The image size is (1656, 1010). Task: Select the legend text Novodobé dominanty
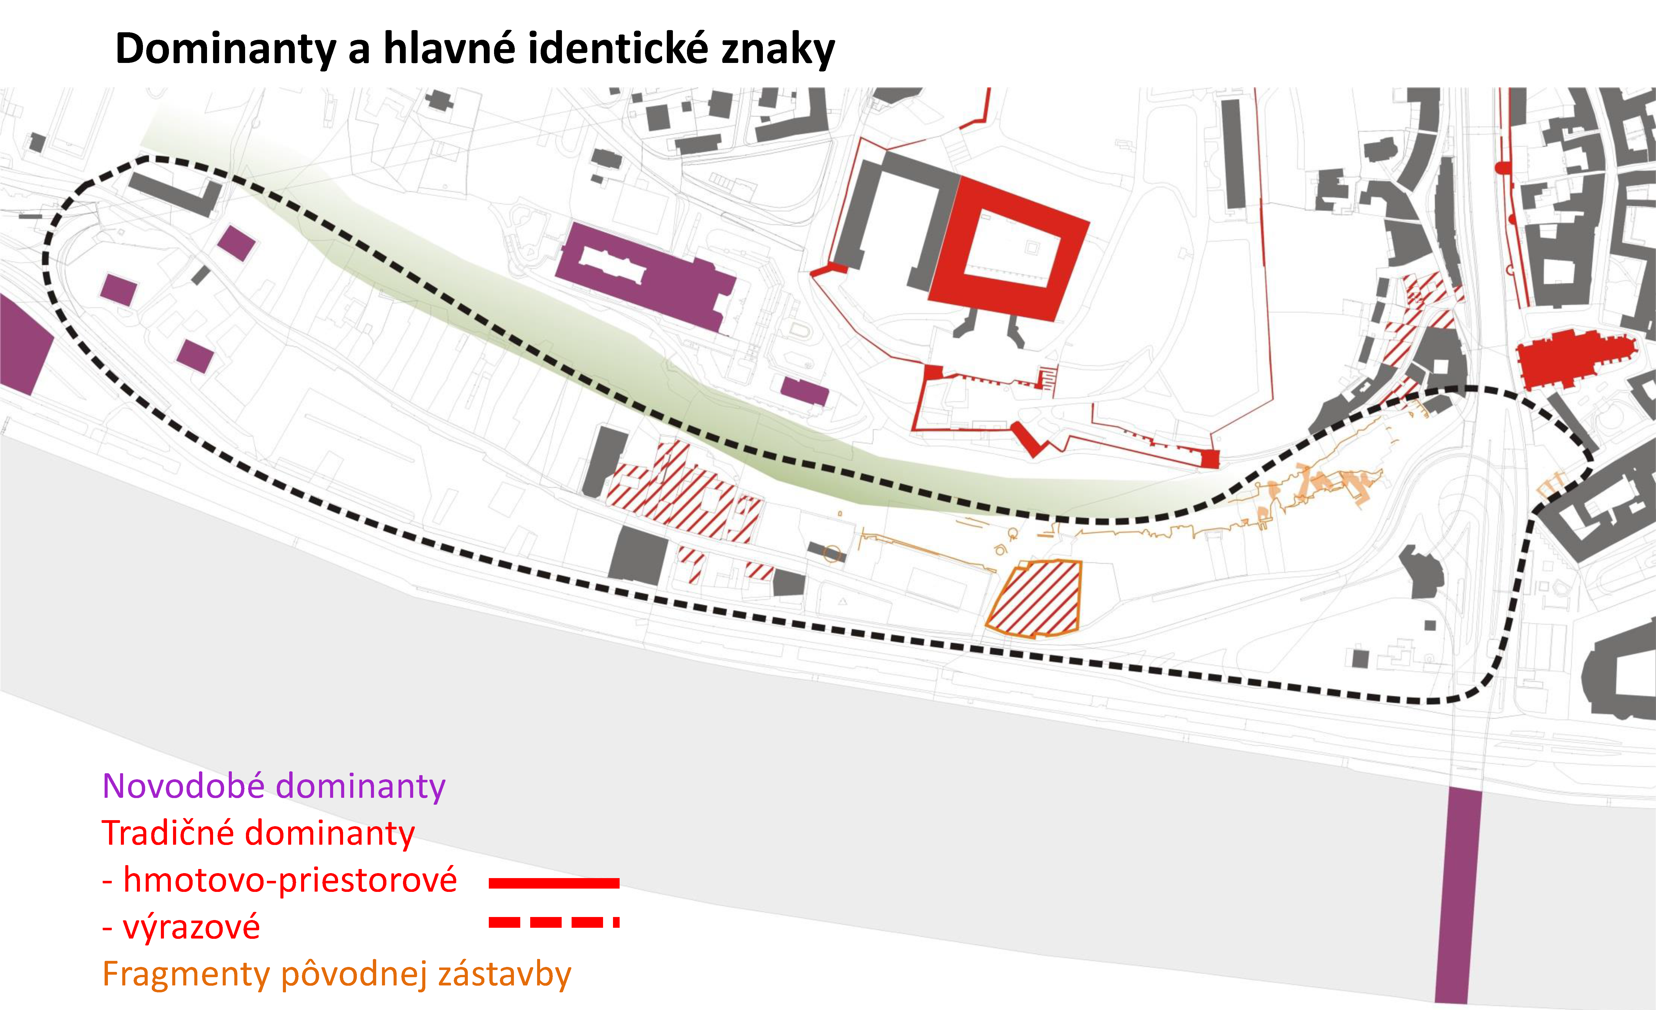pos(274,786)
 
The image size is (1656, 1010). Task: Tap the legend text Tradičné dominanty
pos(258,833)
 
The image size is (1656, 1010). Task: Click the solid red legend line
pos(554,883)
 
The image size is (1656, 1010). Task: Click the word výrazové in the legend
pos(191,927)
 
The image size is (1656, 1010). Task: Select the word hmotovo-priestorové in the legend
pos(290,880)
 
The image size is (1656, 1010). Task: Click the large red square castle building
pos(1008,249)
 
